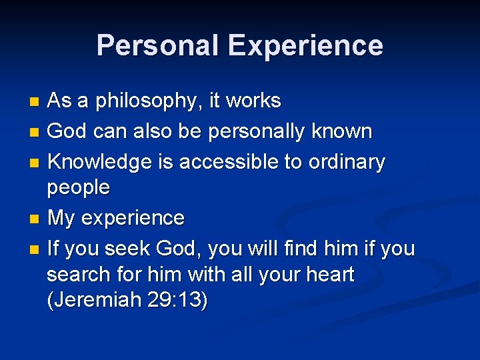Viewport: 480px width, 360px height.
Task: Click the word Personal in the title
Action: coord(157,45)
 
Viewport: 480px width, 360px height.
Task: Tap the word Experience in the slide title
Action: coord(305,45)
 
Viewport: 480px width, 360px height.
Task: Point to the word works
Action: coord(254,101)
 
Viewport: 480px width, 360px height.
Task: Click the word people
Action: coord(78,188)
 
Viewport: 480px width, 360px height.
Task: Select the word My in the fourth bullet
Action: coord(61,218)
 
